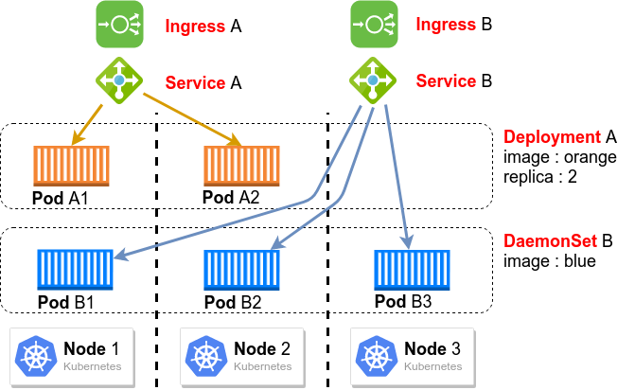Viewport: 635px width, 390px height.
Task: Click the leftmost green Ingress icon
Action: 119,24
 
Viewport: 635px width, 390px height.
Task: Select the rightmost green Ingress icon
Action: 374,24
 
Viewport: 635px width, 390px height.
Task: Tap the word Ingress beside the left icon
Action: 195,27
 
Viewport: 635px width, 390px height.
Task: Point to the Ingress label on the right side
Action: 446,26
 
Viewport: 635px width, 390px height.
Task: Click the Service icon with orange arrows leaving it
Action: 119,80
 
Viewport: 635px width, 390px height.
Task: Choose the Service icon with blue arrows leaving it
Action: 373,80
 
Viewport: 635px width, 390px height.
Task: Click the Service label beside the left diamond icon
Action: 195,82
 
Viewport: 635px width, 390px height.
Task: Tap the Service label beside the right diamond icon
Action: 446,81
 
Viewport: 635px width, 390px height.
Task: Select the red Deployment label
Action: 552,137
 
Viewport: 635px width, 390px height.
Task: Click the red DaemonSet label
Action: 550,241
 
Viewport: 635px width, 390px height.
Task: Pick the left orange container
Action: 71,166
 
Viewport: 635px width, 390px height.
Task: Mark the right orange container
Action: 241,166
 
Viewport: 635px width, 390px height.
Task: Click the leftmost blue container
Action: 75,269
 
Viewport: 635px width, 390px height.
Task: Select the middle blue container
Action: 241,269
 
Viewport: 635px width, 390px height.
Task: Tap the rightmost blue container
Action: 412,269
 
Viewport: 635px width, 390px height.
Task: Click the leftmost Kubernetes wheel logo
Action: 36,356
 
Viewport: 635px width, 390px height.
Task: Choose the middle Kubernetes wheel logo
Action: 205,356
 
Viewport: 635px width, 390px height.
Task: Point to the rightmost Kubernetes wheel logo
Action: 376,356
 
